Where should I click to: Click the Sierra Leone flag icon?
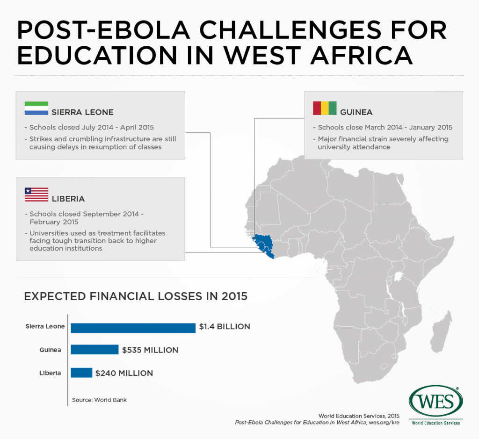pyautogui.click(x=36, y=108)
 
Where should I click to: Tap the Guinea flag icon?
pyautogui.click(x=324, y=108)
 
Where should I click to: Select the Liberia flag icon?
pyautogui.click(x=36, y=194)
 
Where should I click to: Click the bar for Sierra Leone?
pyautogui.click(x=133, y=327)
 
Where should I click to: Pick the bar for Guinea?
pyautogui.click(x=94, y=350)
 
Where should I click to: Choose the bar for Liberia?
pyautogui.click(x=81, y=373)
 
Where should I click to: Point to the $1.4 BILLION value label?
pyautogui.click(x=225, y=327)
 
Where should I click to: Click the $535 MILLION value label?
pyautogui.click(x=150, y=350)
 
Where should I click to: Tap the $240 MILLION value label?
pyautogui.click(x=124, y=373)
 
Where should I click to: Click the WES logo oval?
pyautogui.click(x=435, y=402)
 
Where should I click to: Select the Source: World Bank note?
pyautogui.click(x=99, y=400)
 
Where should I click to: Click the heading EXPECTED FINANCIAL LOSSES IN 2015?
pyautogui.click(x=136, y=296)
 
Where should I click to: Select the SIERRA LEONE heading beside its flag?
pyautogui.click(x=82, y=112)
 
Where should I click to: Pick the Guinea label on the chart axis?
pyautogui.click(x=52, y=350)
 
